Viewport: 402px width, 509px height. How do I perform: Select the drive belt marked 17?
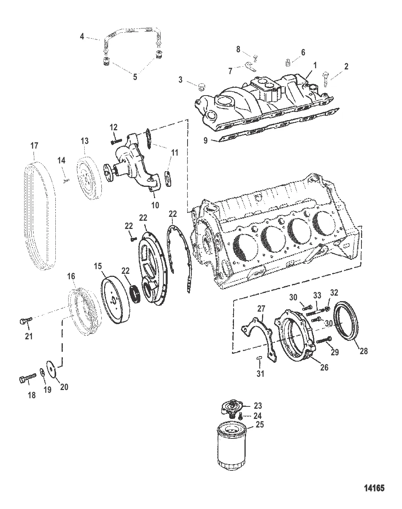pyautogui.click(x=40, y=215)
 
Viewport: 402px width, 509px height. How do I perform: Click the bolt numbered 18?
pyautogui.click(x=27, y=378)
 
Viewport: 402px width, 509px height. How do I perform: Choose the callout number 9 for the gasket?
pyautogui.click(x=205, y=140)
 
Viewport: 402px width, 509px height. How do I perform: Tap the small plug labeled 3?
pyautogui.click(x=202, y=87)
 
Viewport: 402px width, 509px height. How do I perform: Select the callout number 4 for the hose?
pyautogui.click(x=82, y=36)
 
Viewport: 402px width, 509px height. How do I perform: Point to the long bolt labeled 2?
pyautogui.click(x=326, y=80)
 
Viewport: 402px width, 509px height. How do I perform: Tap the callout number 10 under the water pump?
pyautogui.click(x=155, y=205)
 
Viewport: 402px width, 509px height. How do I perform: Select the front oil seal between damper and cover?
pyautogui.click(x=136, y=294)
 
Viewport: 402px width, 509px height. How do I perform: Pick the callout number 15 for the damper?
pyautogui.click(x=97, y=266)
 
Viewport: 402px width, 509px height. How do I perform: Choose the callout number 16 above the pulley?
pyautogui.click(x=71, y=276)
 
